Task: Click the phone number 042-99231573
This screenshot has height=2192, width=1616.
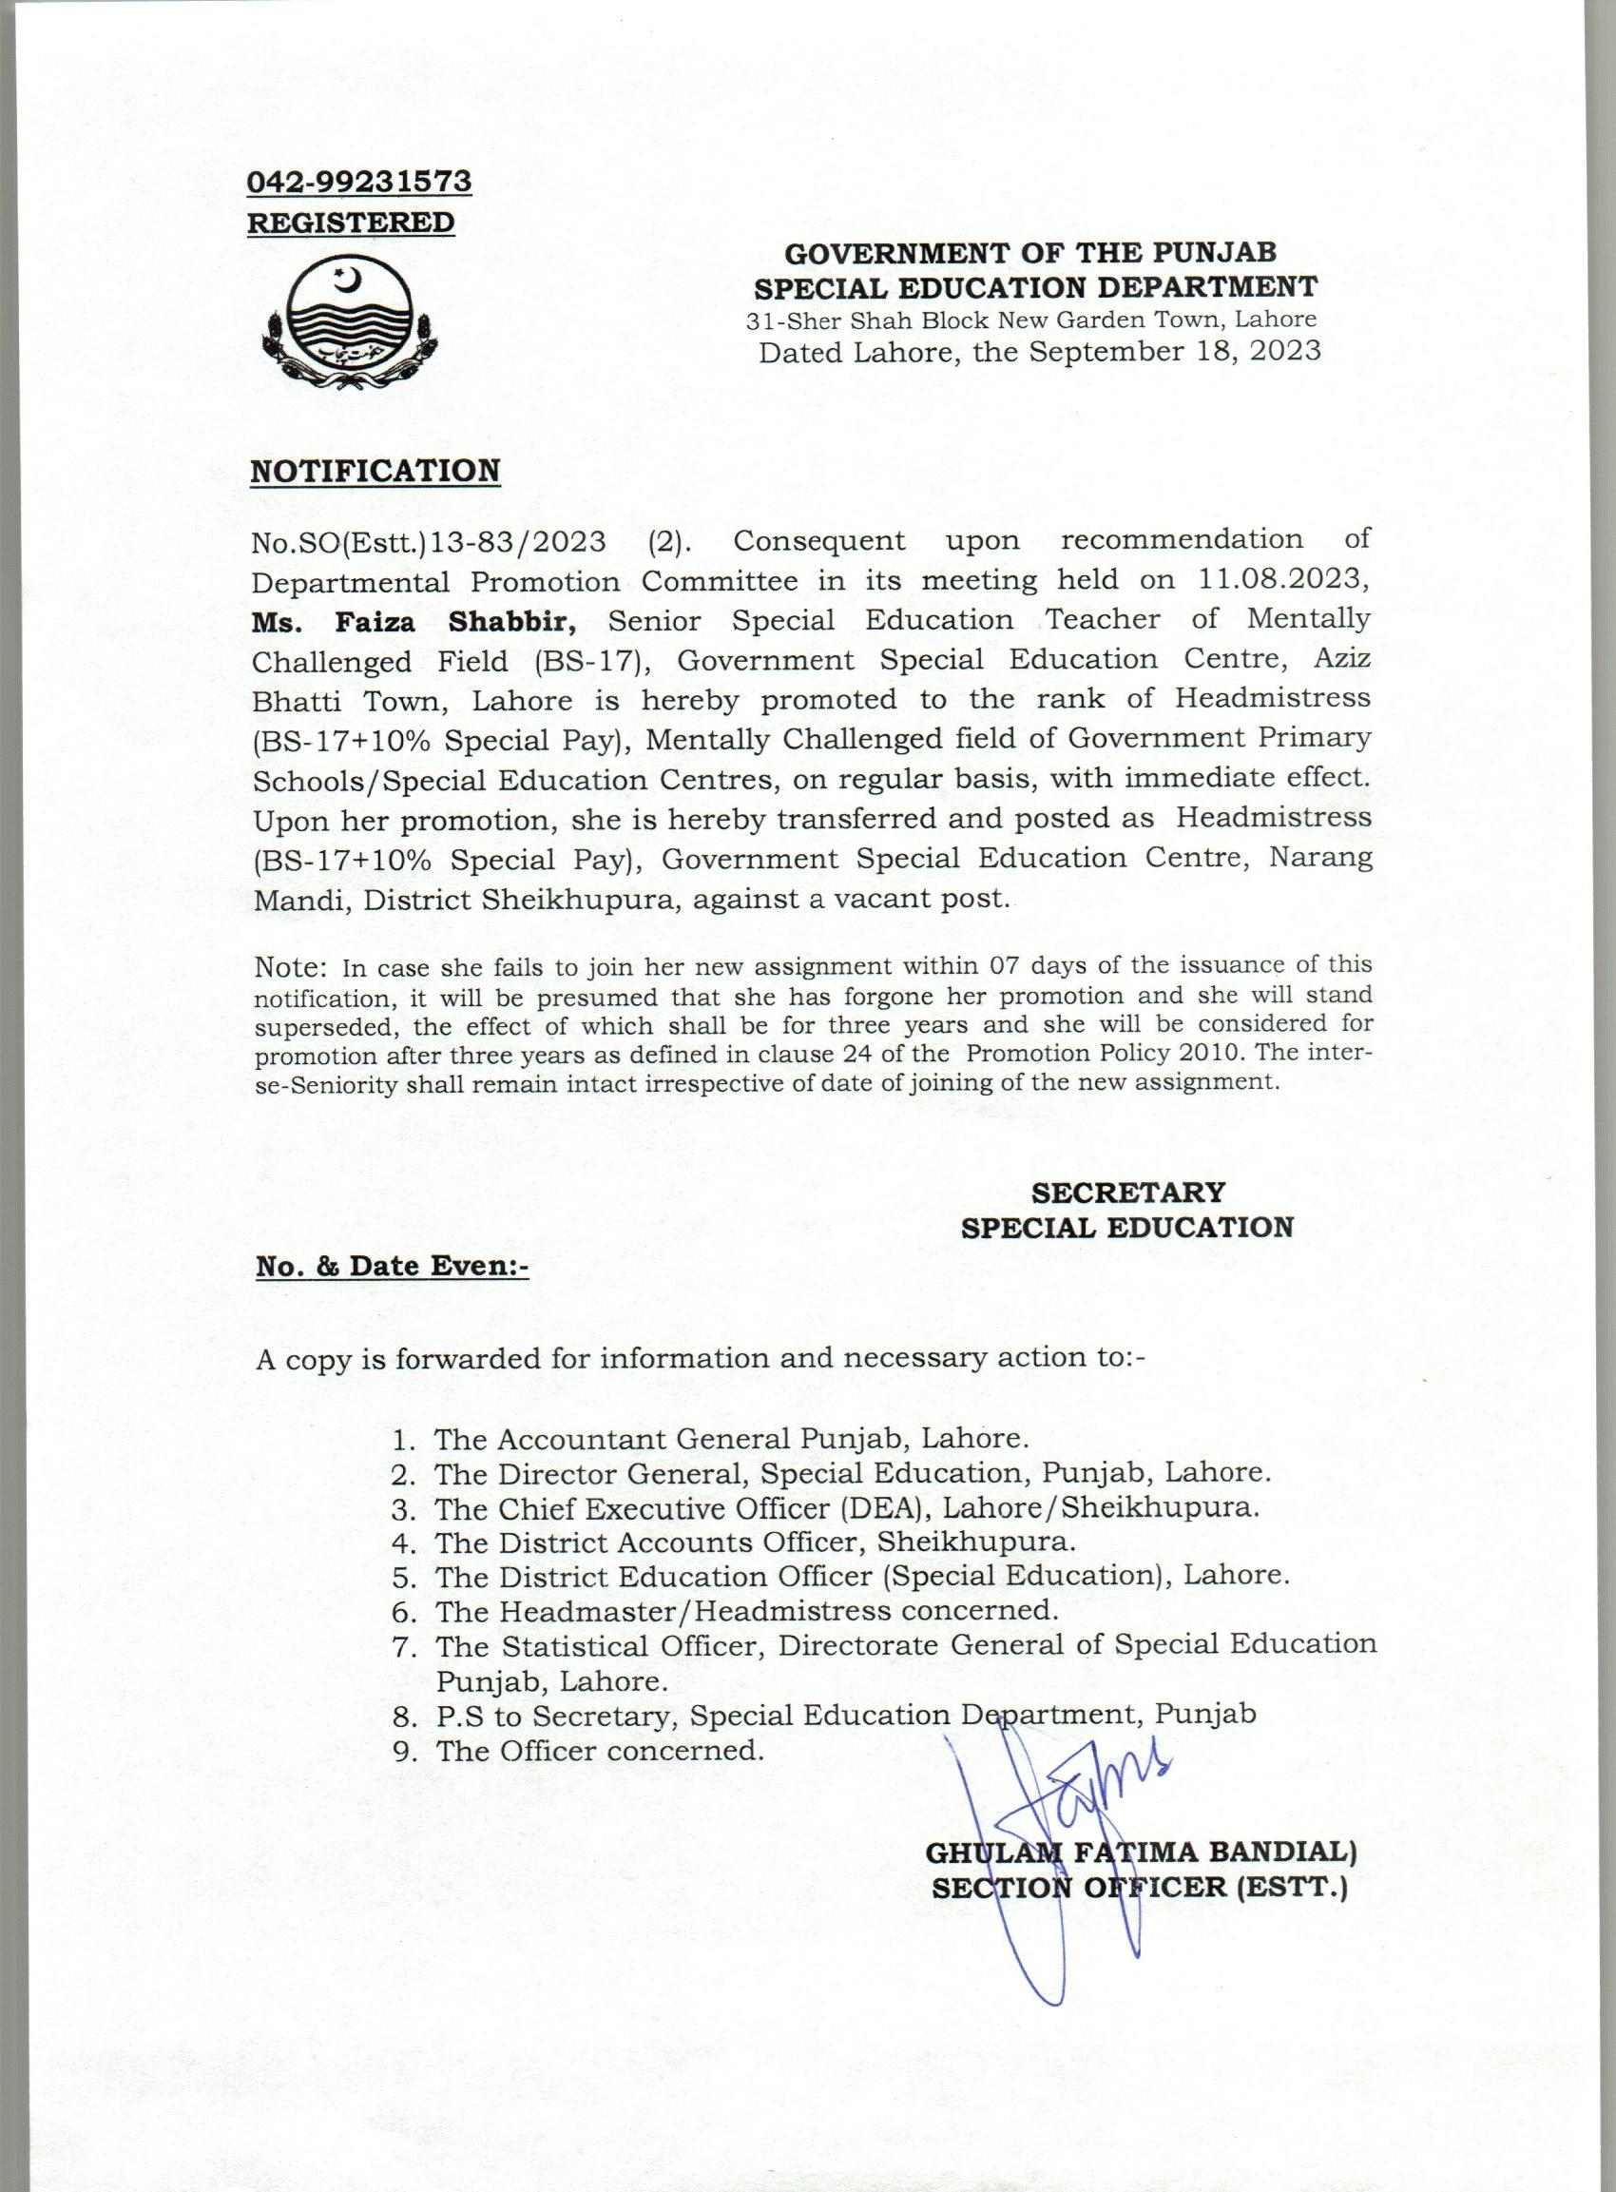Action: [359, 182]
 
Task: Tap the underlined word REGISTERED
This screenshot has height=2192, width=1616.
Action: [350, 223]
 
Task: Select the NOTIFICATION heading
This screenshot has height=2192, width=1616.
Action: [375, 471]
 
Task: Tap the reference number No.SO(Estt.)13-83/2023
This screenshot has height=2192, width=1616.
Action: [429, 541]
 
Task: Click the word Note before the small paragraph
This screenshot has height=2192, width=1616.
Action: [289, 968]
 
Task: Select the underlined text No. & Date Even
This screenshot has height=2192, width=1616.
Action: [392, 1267]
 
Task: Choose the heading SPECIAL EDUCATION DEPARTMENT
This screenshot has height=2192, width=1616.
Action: [1035, 287]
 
